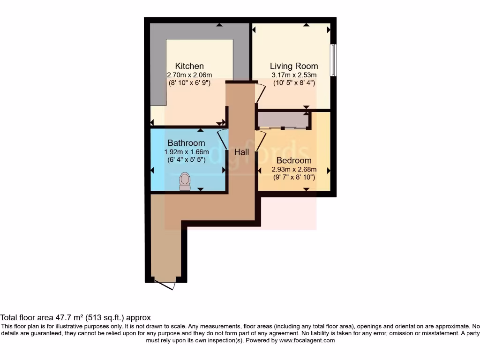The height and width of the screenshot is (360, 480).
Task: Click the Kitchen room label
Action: point(189,66)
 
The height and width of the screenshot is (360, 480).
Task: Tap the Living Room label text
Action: point(294,66)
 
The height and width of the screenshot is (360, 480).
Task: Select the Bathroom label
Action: point(186,143)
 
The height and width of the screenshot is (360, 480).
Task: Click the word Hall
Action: point(241,152)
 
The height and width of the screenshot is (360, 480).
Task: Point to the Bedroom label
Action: point(294,161)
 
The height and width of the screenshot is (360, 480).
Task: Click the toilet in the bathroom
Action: point(185,181)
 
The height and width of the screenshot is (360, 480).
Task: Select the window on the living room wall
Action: point(333,60)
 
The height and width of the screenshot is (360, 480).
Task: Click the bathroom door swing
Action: point(222,139)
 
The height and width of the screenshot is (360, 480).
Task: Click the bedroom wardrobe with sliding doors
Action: point(282,120)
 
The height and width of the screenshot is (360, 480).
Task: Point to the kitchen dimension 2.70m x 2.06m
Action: point(189,75)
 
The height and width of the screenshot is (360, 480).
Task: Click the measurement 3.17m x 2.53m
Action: point(294,75)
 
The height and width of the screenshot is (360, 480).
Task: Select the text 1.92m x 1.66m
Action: point(186,152)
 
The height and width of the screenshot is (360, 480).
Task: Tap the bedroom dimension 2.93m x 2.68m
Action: point(294,170)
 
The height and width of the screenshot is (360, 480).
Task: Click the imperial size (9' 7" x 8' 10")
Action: point(294,178)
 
